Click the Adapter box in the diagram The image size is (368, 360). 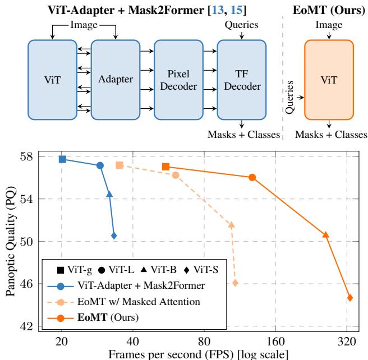[114, 80]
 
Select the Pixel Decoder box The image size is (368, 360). [177, 80]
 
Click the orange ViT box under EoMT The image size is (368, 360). [329, 80]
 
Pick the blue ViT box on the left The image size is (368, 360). [51, 80]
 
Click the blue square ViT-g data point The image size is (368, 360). [63, 159]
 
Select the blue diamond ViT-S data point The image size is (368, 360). [114, 236]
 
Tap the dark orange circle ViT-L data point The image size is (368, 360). [252, 177]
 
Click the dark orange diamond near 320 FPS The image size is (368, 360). [350, 298]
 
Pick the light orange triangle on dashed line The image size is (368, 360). [231, 225]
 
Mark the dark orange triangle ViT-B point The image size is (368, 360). [325, 234]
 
